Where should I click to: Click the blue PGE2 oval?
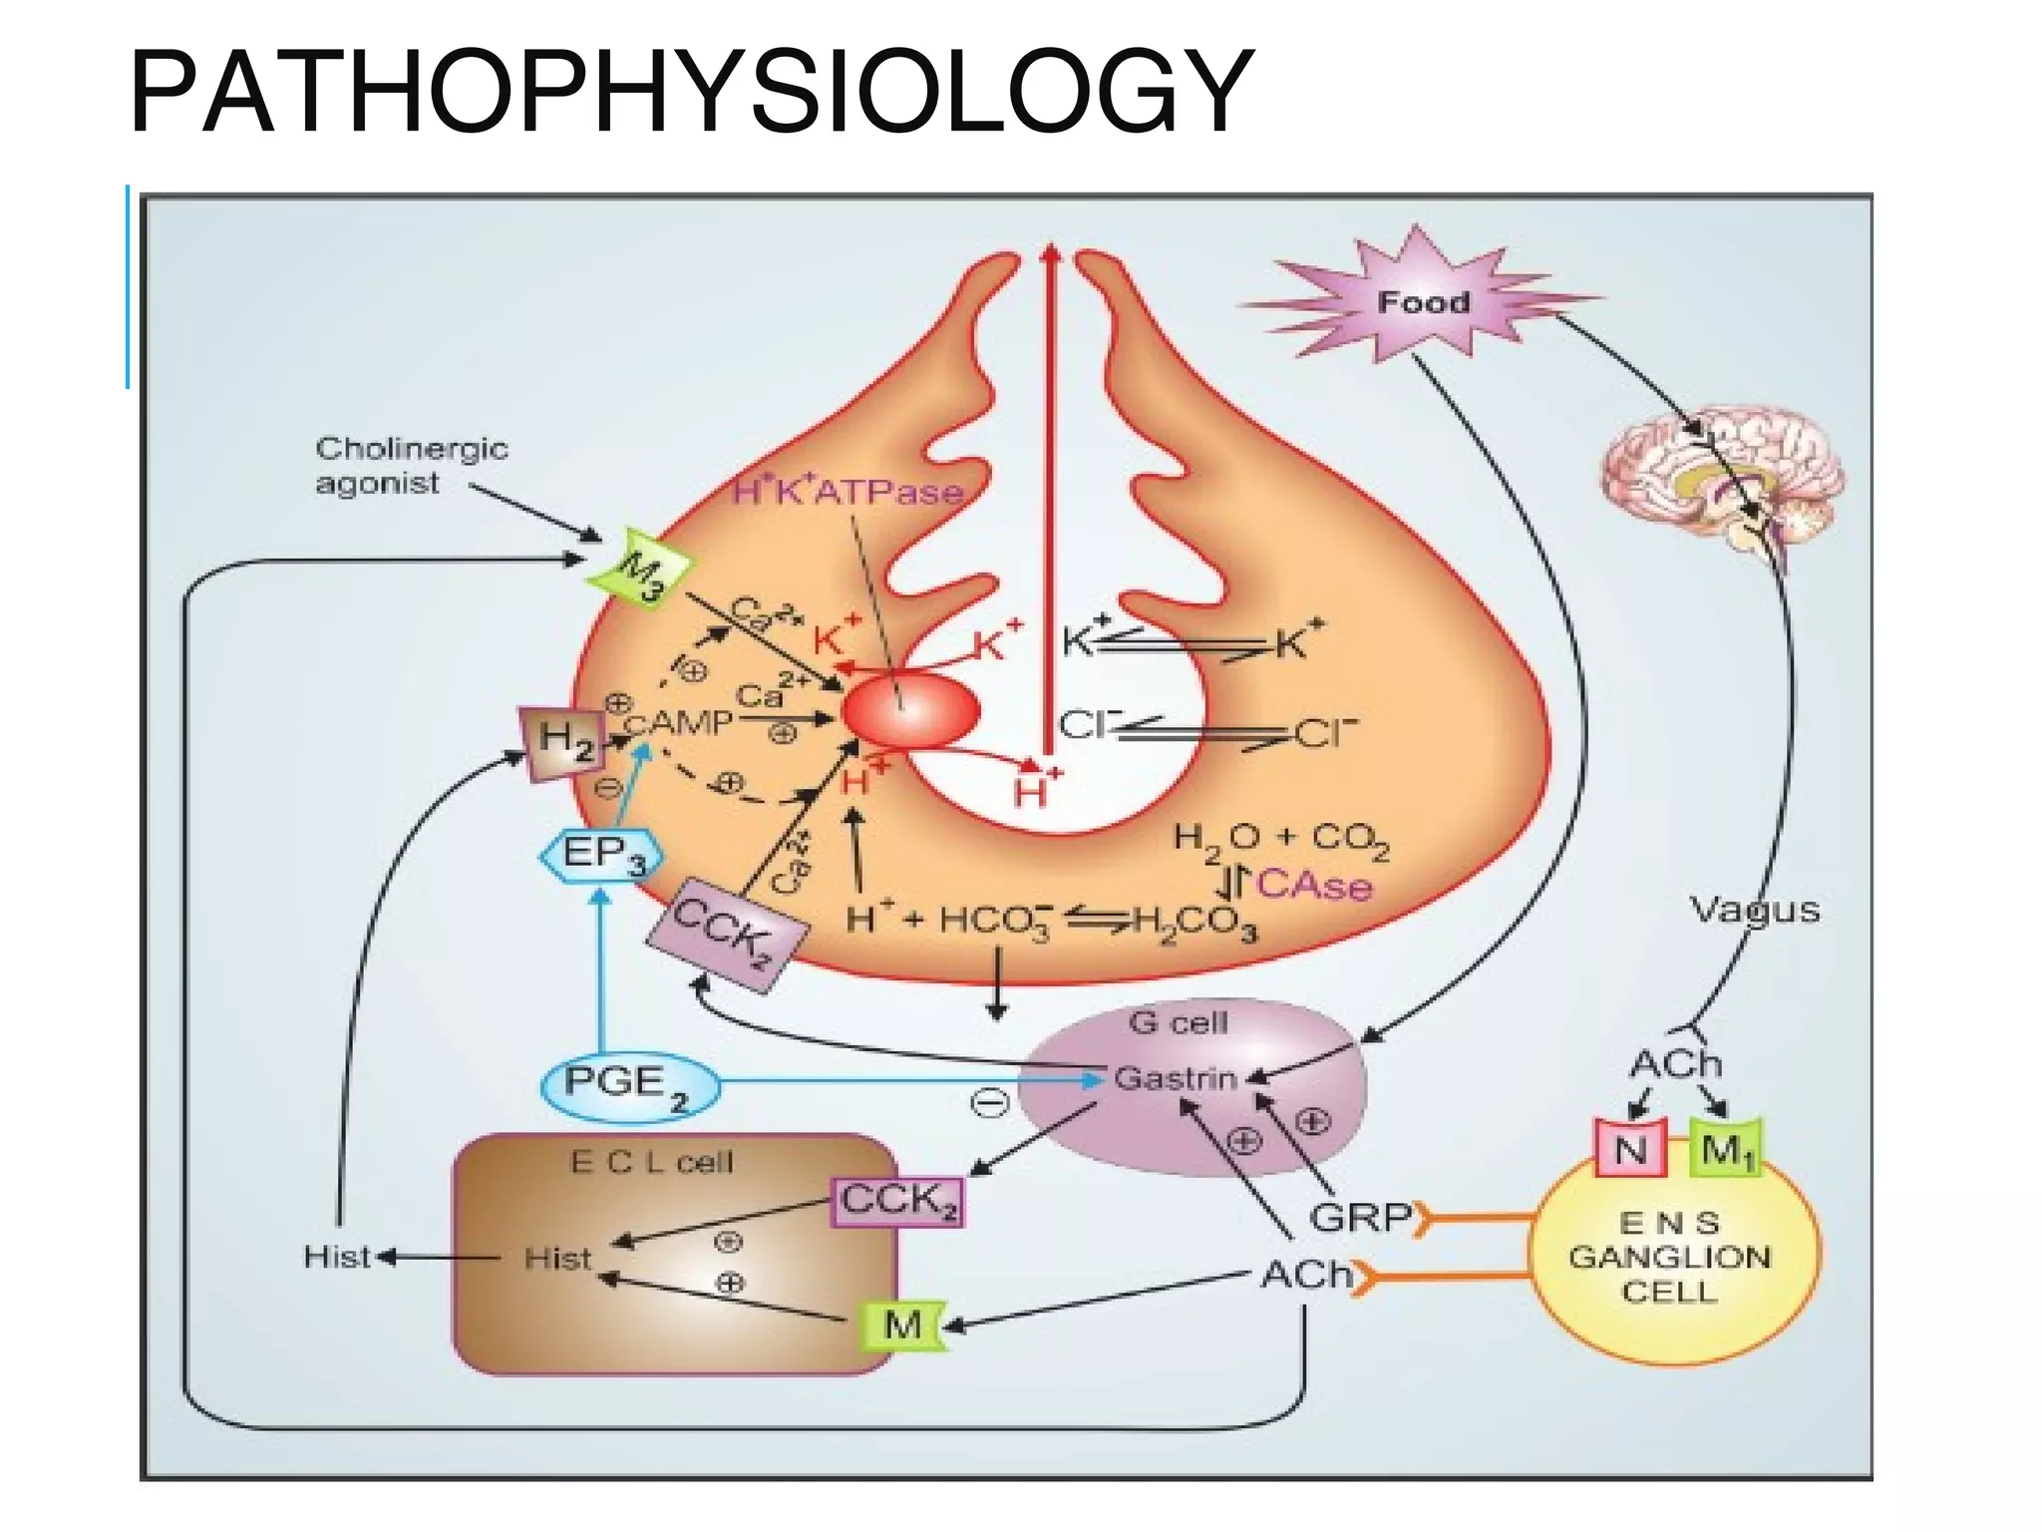tap(629, 1086)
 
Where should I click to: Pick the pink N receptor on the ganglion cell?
tap(1630, 1150)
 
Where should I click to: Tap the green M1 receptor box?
tap(1726, 1150)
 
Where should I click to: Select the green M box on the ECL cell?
tap(902, 1326)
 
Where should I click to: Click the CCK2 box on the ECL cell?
tap(897, 1201)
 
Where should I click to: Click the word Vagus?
tap(1754, 910)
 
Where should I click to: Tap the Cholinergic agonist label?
tap(411, 466)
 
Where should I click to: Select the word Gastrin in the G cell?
tap(1174, 1078)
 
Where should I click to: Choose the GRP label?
tap(1359, 1218)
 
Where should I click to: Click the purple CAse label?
tap(1314, 885)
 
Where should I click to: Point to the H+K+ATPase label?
tap(848, 492)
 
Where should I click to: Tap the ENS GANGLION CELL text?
tap(1670, 1258)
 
